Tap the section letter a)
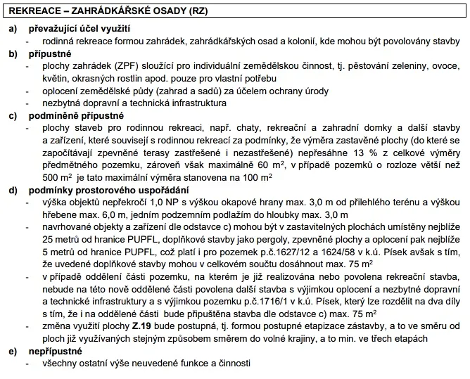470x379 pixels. (x=13, y=29)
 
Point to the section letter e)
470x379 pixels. (x=13, y=351)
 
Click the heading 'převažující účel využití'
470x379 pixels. (x=80, y=29)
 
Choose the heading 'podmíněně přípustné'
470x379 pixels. (x=76, y=115)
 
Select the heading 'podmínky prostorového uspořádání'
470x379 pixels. (x=113, y=191)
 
